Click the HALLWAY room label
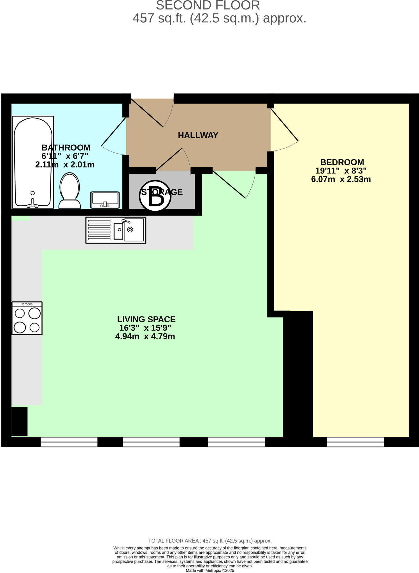(198, 135)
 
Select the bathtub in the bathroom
(33, 162)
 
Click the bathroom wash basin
(105, 200)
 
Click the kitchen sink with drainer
(116, 230)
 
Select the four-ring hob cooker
(27, 318)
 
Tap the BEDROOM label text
(342, 162)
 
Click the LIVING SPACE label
(146, 319)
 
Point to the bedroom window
(355, 442)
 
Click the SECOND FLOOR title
(208, 6)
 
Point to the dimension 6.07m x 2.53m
(341, 179)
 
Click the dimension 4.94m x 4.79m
(145, 336)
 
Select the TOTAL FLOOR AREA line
(210, 541)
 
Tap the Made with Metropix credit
(210, 570)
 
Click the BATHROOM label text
(66, 147)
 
